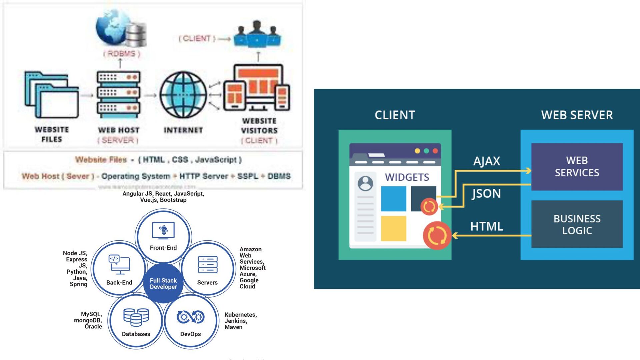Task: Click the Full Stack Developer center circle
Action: point(163,283)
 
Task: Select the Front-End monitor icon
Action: point(163,230)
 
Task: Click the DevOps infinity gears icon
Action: point(190,317)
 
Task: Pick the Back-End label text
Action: point(119,282)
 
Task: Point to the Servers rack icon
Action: point(207,265)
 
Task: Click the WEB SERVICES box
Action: point(577,167)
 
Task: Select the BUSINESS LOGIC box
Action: point(577,224)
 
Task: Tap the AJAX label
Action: point(486,161)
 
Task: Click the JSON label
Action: point(486,194)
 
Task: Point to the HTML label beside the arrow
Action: point(486,227)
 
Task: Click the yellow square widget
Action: point(393,228)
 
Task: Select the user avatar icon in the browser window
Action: point(365,183)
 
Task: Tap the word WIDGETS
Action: point(407,177)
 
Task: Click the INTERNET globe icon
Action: point(183,95)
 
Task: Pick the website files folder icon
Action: point(52,95)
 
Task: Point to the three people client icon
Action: point(257,34)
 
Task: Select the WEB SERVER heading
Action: point(577,115)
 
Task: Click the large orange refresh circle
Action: point(437,235)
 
